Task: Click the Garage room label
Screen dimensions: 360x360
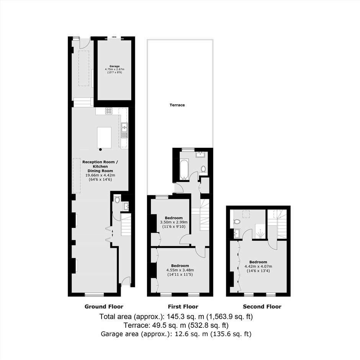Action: pos(115,66)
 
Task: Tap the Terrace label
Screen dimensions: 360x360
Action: pos(177,105)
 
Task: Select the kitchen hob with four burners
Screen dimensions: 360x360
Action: pos(109,111)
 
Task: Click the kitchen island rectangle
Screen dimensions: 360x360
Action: pos(104,138)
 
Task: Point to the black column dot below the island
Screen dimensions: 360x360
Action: pos(100,149)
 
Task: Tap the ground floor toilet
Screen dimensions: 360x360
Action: pos(117,199)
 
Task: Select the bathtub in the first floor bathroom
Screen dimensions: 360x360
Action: pos(184,169)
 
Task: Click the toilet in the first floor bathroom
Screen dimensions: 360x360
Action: pos(203,169)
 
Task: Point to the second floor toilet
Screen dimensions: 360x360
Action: pos(237,222)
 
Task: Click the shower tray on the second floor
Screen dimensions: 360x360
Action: pos(261,232)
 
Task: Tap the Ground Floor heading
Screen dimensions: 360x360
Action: pos(104,306)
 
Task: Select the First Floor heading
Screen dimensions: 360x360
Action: pos(183,306)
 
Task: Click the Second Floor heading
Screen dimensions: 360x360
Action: pos(262,306)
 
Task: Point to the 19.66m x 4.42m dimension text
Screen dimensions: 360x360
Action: pos(100,175)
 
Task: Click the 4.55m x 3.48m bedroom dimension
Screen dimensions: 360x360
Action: pos(180,270)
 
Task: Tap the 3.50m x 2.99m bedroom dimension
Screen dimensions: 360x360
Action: pos(173,222)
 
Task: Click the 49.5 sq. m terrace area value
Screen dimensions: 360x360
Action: pos(169,325)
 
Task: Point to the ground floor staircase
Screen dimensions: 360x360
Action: pos(126,224)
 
